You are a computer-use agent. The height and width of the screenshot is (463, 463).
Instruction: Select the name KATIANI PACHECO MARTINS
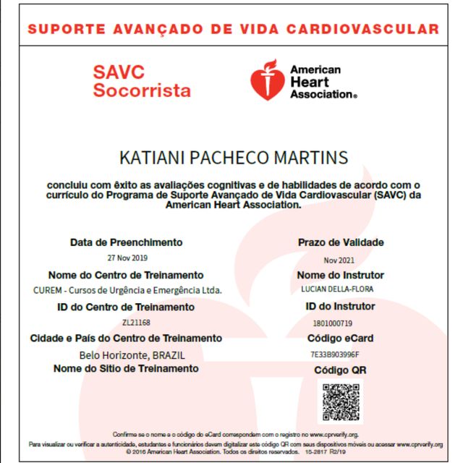tap(232, 158)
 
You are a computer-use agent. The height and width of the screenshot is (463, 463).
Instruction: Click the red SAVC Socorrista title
tap(142, 82)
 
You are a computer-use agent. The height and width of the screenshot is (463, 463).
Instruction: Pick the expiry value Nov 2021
tap(340, 259)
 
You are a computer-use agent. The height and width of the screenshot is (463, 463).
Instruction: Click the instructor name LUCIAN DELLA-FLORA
tap(340, 289)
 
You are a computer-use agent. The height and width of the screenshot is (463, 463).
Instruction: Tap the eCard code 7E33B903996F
tap(340, 354)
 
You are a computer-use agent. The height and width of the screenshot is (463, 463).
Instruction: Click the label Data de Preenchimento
tap(126, 242)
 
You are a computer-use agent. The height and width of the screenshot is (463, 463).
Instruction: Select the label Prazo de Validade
tap(340, 242)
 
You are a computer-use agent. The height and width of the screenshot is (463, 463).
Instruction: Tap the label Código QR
tap(340, 370)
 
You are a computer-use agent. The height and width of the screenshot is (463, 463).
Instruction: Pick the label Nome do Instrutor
tap(340, 275)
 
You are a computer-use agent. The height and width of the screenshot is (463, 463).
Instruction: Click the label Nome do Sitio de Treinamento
tap(126, 369)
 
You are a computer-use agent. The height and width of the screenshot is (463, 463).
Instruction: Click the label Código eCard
tap(340, 339)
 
